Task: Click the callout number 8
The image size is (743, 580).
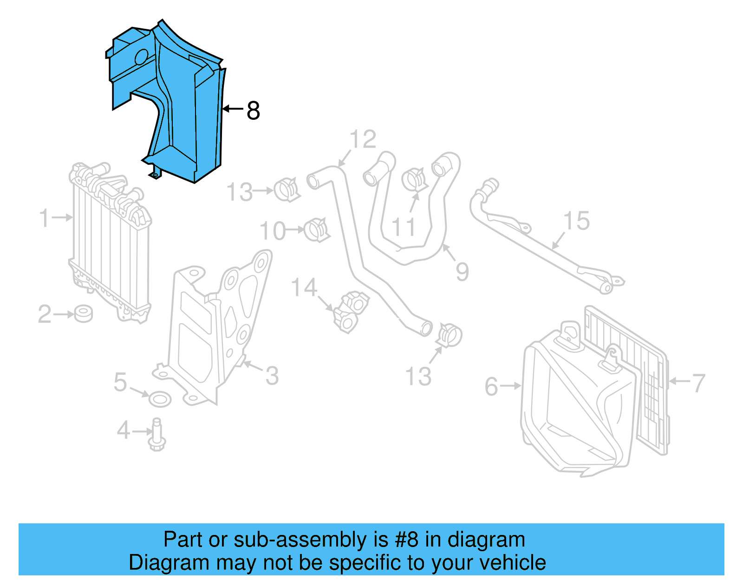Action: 253,111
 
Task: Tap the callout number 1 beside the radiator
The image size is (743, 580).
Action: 44,218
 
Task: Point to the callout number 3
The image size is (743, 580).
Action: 272,376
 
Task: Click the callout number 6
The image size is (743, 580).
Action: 491,386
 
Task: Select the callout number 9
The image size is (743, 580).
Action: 462,271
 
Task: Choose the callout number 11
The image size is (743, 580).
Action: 403,227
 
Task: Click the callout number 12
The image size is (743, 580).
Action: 363,139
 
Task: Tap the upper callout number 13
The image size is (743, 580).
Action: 239,192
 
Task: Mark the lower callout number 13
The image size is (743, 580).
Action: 418,376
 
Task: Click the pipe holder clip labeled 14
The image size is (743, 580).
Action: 351,311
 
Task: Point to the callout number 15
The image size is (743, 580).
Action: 576,221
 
